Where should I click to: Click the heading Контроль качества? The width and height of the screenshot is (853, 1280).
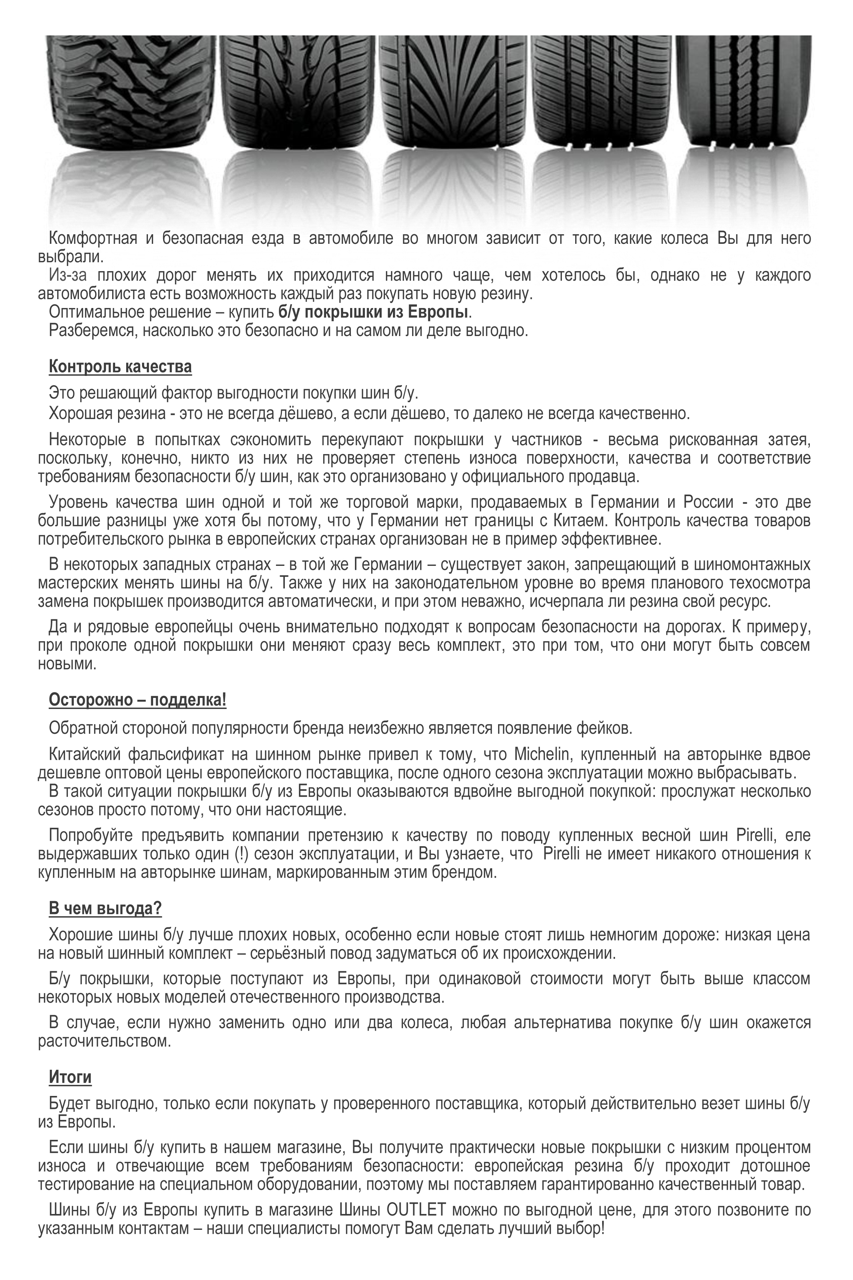click(120, 367)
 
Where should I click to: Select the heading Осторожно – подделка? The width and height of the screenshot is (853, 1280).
click(138, 700)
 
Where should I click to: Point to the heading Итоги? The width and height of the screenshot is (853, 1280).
click(70, 1077)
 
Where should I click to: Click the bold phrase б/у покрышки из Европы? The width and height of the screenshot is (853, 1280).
click(373, 313)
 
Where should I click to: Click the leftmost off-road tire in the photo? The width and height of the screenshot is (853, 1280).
click(131, 93)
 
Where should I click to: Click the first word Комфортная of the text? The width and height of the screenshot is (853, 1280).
click(93, 239)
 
